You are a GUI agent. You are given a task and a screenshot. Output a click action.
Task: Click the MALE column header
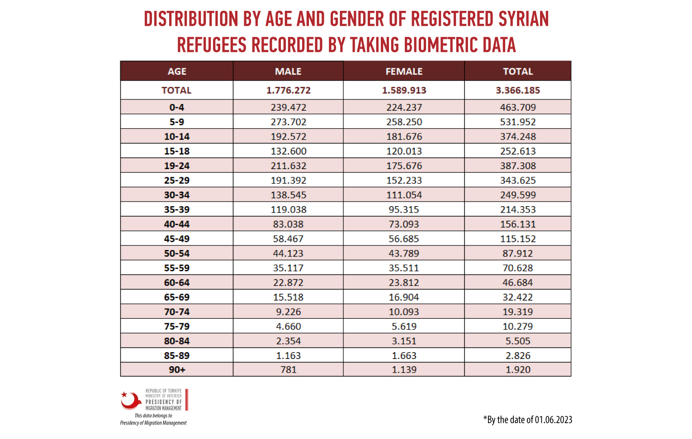(x=288, y=71)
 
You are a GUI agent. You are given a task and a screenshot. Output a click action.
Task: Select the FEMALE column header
(x=404, y=71)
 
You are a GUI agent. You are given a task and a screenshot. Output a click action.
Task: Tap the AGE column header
(x=177, y=71)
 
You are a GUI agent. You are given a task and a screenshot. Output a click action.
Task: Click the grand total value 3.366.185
(x=518, y=90)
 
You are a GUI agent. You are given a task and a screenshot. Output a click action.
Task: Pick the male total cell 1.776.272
(x=288, y=90)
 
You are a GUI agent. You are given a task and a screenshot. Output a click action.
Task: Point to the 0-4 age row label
(x=177, y=107)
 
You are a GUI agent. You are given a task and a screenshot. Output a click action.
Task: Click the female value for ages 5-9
(x=404, y=122)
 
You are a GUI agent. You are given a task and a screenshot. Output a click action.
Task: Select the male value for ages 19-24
(x=289, y=166)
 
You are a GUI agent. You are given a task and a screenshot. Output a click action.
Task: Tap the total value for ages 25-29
(x=518, y=180)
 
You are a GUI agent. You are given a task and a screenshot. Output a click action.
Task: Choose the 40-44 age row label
(x=177, y=224)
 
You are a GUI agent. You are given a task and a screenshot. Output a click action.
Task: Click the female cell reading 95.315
(x=404, y=209)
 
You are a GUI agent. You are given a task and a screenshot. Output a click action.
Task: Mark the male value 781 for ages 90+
(x=288, y=369)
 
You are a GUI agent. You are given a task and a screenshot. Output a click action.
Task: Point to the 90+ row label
(x=177, y=369)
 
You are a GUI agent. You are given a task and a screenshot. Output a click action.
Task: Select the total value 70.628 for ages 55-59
(x=518, y=268)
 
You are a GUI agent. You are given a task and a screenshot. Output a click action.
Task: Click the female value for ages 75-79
(x=404, y=326)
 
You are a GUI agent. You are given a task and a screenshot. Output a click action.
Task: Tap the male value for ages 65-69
(x=288, y=297)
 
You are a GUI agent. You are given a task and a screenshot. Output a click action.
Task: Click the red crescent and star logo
(x=131, y=401)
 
